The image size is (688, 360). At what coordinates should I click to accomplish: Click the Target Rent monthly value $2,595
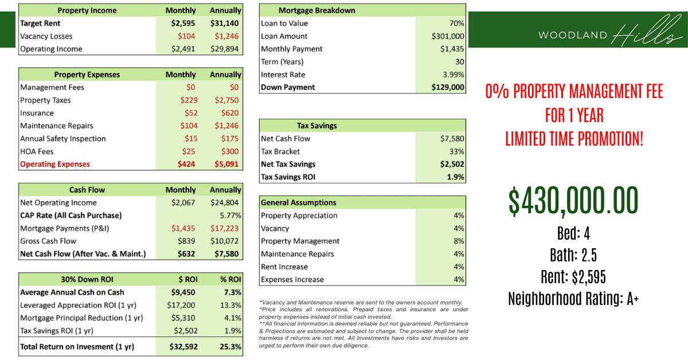coord(183,24)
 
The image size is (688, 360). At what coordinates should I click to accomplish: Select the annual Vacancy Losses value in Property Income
coord(226,36)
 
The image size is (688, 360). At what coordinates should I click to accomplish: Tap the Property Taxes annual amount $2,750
coord(226,100)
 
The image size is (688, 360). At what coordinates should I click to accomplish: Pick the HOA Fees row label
coord(37,151)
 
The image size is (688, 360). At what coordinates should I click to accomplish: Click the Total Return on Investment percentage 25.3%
coord(230,347)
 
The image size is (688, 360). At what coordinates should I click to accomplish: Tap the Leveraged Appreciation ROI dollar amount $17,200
coord(181,305)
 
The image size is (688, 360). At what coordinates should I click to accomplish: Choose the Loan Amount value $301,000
coord(448,36)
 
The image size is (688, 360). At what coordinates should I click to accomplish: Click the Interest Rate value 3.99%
coord(453,75)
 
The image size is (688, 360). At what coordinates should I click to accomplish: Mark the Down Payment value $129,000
coord(448,87)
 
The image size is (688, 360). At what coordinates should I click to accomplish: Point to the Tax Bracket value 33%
coord(457,151)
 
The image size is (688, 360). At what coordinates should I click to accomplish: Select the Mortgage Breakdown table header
coord(316,10)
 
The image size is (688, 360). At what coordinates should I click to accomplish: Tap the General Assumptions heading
coord(298,202)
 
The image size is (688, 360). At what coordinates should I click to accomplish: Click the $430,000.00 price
coord(573,201)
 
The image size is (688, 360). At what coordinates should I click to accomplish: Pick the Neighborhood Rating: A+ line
coord(573,299)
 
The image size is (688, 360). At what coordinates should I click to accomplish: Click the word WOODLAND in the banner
coord(572,36)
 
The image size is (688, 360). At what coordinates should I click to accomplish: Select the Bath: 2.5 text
coord(573,255)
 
